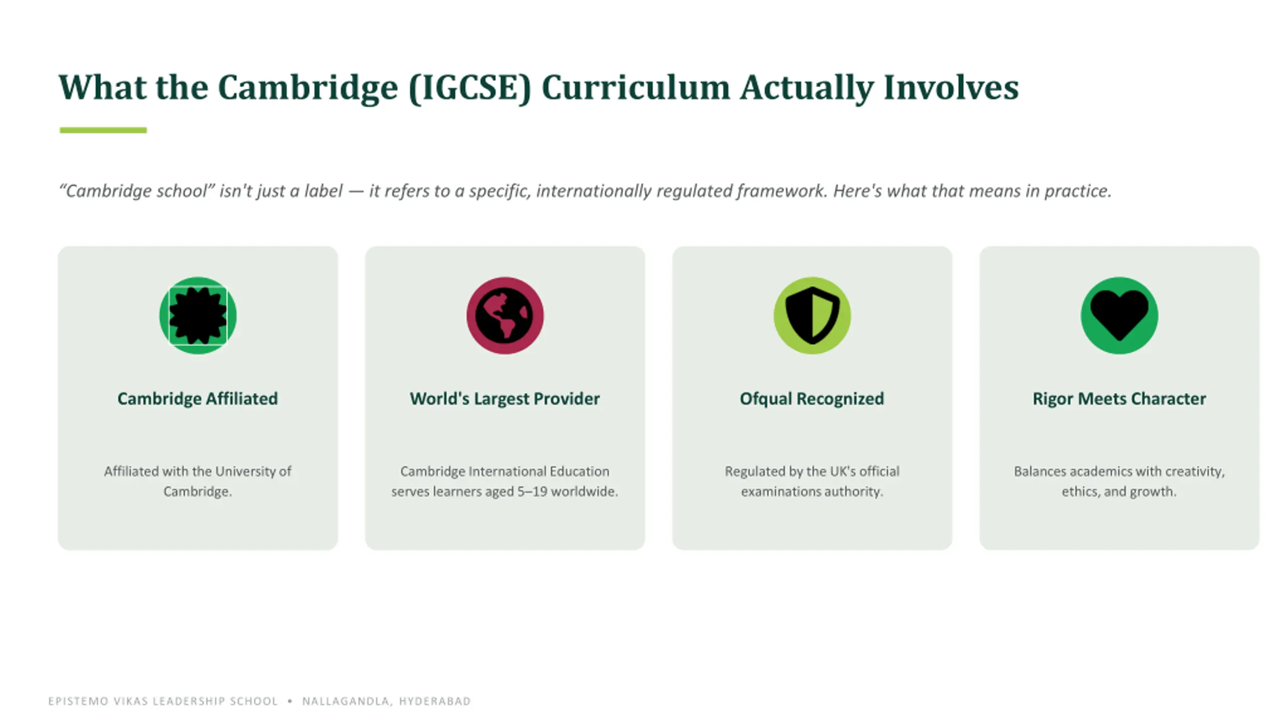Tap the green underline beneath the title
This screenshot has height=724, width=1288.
click(x=103, y=130)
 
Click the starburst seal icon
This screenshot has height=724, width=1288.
click(x=198, y=316)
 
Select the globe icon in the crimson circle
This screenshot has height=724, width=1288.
click(x=505, y=316)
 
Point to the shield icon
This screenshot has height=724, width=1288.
click(x=812, y=316)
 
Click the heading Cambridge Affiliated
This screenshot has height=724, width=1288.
click(x=198, y=399)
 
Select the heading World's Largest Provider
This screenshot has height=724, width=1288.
click(x=505, y=399)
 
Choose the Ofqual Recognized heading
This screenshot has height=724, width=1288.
click(x=812, y=399)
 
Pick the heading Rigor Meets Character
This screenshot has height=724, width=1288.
click(x=1119, y=399)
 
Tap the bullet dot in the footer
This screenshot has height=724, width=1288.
click(x=290, y=701)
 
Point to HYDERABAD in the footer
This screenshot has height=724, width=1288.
click(x=435, y=701)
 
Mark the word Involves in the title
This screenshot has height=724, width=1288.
click(x=951, y=87)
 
